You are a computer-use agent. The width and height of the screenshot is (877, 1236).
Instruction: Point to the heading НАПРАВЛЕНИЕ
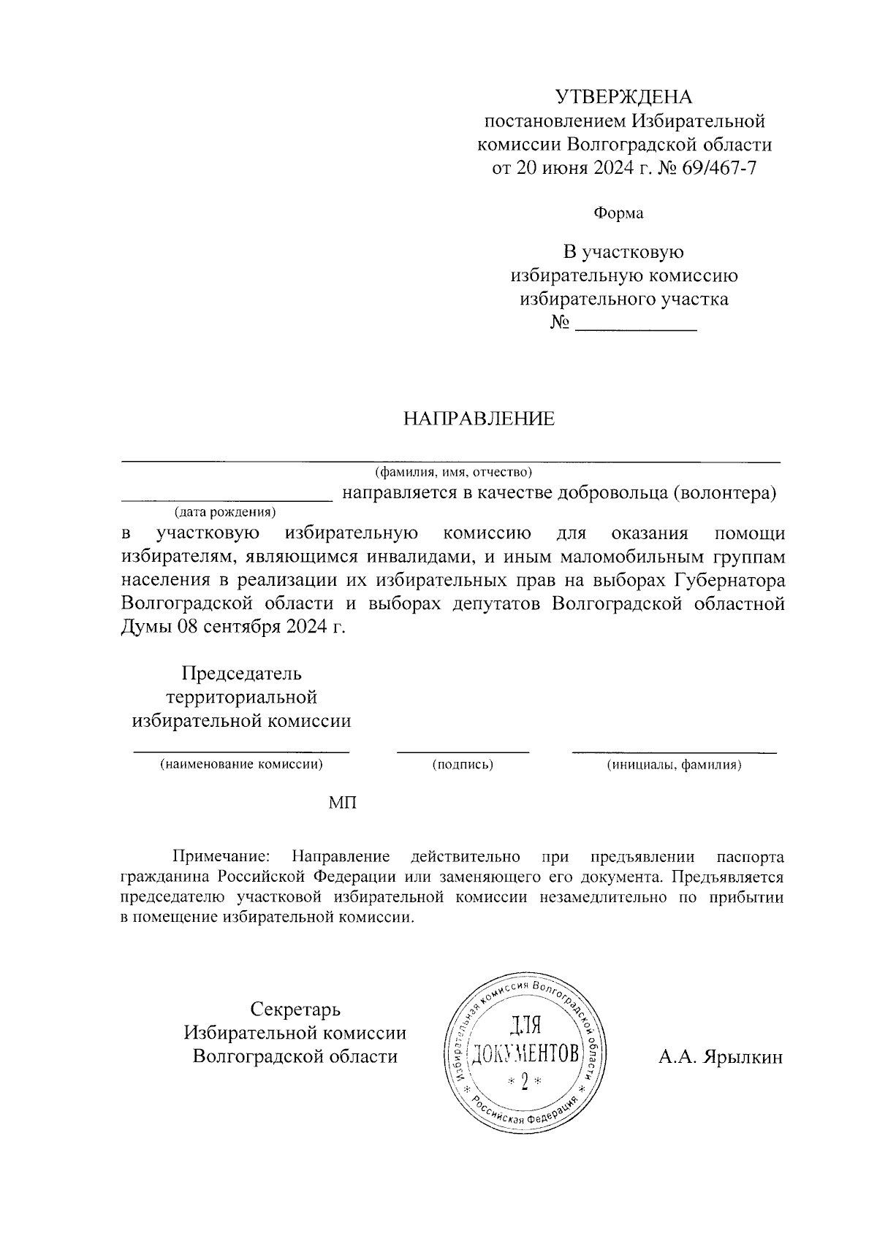point(479,419)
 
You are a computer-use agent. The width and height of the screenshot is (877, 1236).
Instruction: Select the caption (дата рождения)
point(224,511)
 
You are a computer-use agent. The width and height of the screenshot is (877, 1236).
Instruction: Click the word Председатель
point(241,672)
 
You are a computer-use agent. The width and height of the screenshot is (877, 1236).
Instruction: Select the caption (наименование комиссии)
point(241,765)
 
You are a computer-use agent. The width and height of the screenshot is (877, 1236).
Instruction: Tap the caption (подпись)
point(463,765)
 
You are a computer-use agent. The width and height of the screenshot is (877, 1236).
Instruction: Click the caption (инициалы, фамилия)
point(674,765)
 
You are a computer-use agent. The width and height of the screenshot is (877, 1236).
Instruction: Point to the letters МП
point(343,803)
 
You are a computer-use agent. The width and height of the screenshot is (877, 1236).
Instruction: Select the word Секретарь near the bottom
point(295,1010)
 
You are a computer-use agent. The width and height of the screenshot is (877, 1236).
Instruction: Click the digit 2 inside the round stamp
point(525,1082)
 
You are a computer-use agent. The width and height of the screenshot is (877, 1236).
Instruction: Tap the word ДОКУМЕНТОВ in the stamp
point(525,1053)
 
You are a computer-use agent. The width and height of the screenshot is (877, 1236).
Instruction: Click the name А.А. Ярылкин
point(720,1057)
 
